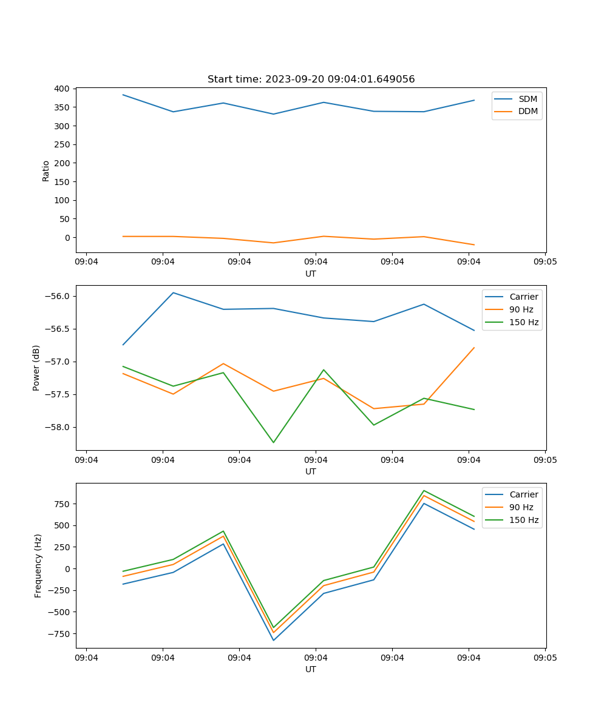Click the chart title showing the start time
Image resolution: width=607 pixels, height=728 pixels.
[311, 79]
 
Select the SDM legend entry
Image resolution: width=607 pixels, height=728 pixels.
[527, 99]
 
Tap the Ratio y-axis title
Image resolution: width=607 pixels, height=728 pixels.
[46, 170]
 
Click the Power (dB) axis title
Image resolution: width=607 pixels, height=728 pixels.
[36, 368]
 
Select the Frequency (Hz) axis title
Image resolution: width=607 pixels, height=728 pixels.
[38, 565]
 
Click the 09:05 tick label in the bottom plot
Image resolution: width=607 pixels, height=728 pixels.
[545, 658]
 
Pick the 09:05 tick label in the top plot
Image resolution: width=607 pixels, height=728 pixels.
[545, 262]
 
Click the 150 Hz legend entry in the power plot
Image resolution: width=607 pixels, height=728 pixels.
[524, 322]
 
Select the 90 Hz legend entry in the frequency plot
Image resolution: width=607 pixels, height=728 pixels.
[521, 507]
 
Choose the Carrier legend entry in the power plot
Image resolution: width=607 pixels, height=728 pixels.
[523, 297]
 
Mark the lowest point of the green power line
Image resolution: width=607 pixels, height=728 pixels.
[273, 442]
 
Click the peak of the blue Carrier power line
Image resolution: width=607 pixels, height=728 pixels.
[173, 292]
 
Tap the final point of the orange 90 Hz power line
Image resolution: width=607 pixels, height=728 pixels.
[474, 348]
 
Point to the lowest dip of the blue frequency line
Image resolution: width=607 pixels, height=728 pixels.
[273, 640]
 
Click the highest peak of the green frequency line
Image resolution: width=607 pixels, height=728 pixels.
[424, 490]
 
